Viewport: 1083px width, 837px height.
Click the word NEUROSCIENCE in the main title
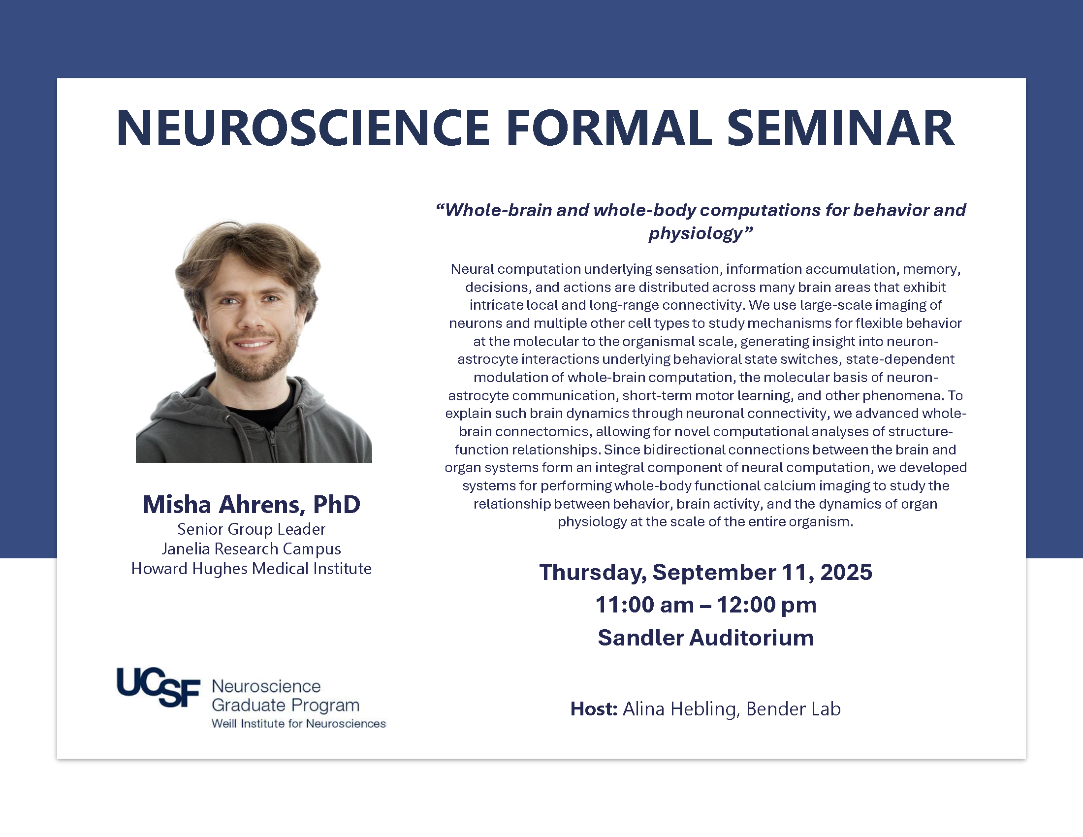pyautogui.click(x=303, y=128)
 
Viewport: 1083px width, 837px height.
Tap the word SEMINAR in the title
pyautogui.click(x=840, y=128)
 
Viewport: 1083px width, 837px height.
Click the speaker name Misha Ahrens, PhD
pyautogui.click(x=252, y=504)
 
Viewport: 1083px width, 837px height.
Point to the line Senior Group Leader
pyautogui.click(x=252, y=529)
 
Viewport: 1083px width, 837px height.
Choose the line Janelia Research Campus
pyautogui.click(x=252, y=549)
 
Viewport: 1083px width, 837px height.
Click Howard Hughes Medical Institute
pyautogui.click(x=252, y=568)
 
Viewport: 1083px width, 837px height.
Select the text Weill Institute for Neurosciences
pyautogui.click(x=298, y=723)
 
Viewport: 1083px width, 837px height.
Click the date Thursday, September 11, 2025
pyautogui.click(x=705, y=572)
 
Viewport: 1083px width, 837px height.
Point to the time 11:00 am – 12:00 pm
pyautogui.click(x=705, y=605)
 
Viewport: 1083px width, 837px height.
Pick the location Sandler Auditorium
pyautogui.click(x=705, y=638)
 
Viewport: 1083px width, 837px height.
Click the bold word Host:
pyautogui.click(x=594, y=708)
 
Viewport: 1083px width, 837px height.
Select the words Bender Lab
pyautogui.click(x=794, y=708)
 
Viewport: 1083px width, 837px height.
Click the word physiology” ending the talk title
pyautogui.click(x=701, y=233)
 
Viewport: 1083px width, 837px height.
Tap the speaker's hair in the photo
pyautogui.click(x=248, y=248)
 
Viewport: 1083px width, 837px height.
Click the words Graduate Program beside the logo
pyautogui.click(x=285, y=706)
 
